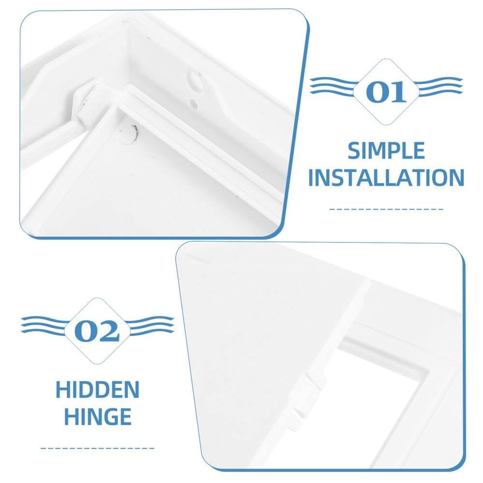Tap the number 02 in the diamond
[97, 331]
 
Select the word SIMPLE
[386, 152]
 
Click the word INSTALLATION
[386, 178]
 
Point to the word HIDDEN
[98, 390]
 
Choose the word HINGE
[98, 416]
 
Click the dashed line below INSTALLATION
[386, 209]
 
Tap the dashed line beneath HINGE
[98, 448]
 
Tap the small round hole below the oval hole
[193, 102]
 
